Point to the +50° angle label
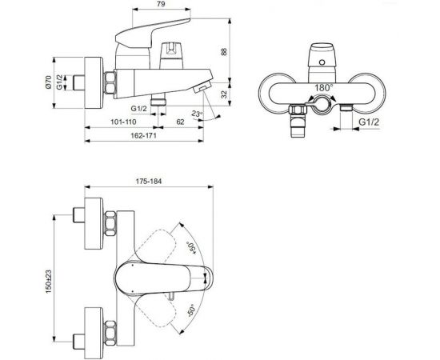[192, 250]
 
